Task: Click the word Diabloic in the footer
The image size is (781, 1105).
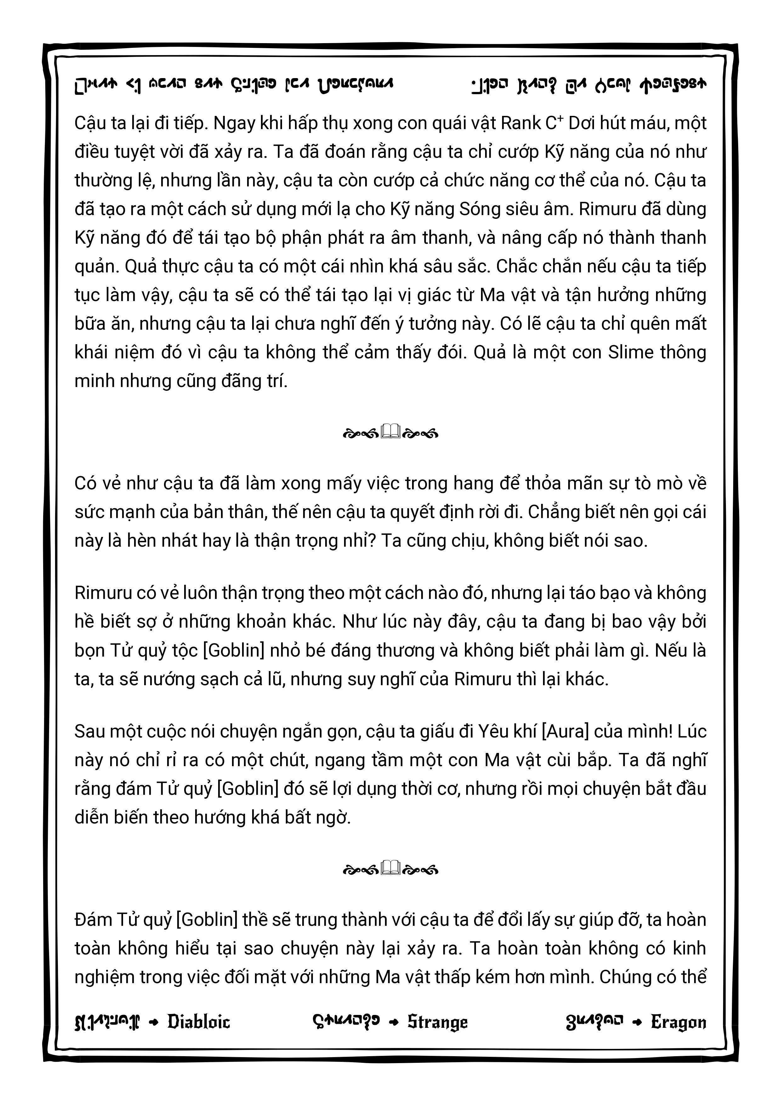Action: coord(199,1022)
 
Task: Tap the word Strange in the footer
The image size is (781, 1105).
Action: coord(438,1022)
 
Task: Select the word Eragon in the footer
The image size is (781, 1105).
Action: coord(678,1022)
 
